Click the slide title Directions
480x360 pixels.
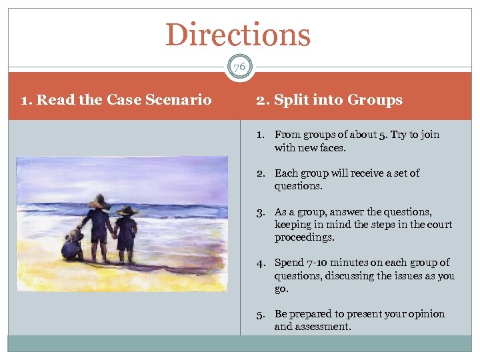pos(238,35)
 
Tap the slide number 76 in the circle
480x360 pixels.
pos(239,67)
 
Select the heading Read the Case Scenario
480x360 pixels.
pos(117,100)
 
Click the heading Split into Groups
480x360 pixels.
pos(329,100)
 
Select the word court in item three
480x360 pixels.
pos(438,225)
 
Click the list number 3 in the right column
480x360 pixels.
pos(261,212)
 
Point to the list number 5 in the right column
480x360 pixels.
pos(261,314)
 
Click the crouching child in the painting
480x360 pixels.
pos(72,245)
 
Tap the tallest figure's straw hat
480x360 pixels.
pos(99,203)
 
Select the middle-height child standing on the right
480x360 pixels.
pos(126,233)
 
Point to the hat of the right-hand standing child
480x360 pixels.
pos(126,211)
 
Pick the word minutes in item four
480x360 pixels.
pos(355,263)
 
